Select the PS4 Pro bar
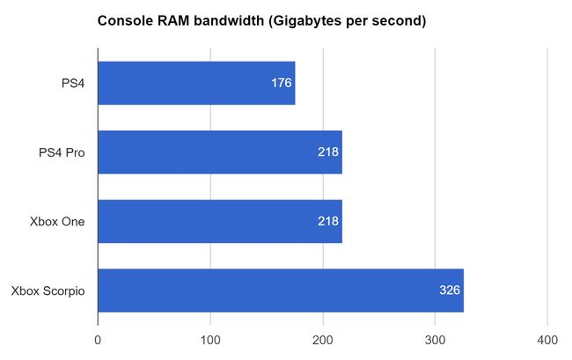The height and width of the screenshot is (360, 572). [219, 152]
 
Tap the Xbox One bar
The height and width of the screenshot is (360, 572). [219, 221]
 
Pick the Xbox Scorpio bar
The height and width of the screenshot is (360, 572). [280, 290]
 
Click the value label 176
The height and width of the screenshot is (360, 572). [282, 84]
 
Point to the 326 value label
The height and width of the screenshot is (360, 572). [450, 290]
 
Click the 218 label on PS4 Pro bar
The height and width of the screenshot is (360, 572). [328, 152]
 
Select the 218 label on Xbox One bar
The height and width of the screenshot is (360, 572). [328, 221]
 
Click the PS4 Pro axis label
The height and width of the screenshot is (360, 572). [62, 152]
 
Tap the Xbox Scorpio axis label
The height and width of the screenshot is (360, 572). [48, 290]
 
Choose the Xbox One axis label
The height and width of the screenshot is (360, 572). [57, 221]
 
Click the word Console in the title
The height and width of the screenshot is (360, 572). [123, 20]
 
